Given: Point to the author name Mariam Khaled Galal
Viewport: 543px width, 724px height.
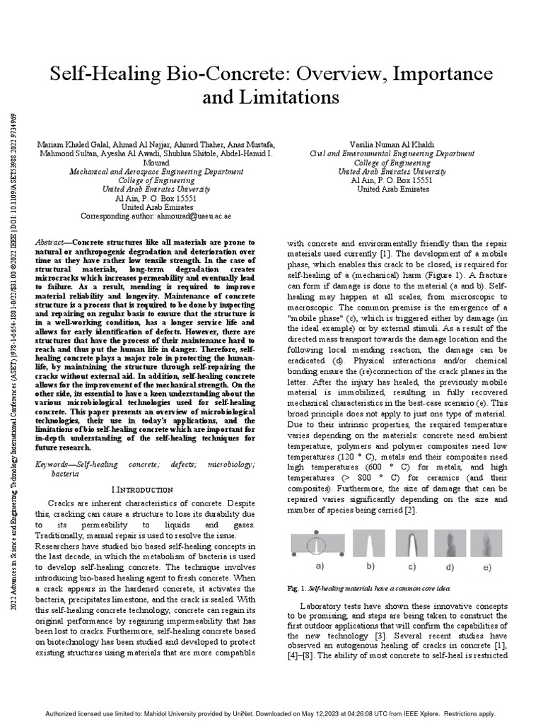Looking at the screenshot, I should click(x=69, y=145).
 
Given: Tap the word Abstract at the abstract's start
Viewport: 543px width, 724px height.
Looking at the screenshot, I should click(x=52, y=242).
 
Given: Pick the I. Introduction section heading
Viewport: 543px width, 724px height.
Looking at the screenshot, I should click(x=142, y=489).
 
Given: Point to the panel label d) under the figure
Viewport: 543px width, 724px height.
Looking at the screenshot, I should click(x=449, y=567).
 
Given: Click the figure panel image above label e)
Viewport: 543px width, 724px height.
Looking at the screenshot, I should click(x=485, y=544).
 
